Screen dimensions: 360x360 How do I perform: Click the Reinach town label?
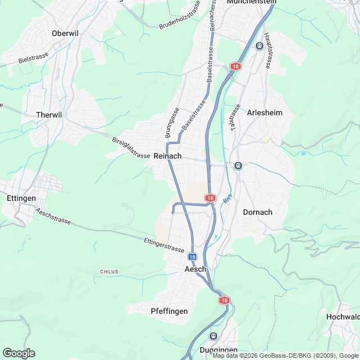[x=168, y=156]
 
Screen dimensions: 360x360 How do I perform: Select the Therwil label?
[x=48, y=114]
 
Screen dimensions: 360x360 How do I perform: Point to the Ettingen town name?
[x=21, y=198]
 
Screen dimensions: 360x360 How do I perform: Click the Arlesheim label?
[x=264, y=112]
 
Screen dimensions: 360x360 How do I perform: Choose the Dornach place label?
[x=258, y=212]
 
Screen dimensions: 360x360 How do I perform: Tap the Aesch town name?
[x=196, y=269]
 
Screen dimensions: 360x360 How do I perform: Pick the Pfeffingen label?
[x=169, y=311]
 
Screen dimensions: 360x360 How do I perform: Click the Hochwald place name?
[x=343, y=317]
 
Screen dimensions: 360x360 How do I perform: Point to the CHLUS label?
[x=109, y=272]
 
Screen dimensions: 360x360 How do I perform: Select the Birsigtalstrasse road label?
[x=130, y=147]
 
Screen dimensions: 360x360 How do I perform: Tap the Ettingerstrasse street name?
[x=164, y=245]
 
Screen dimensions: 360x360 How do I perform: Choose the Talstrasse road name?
[x=235, y=118]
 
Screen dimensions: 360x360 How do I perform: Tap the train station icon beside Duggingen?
[x=213, y=336]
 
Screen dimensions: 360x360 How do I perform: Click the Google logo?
[x=18, y=353]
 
